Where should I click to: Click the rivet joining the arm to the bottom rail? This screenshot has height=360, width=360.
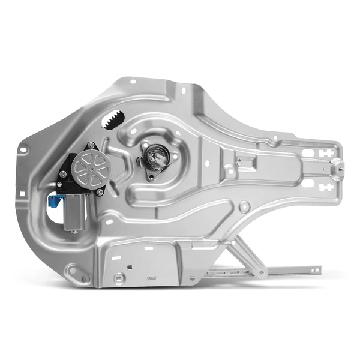[262, 272]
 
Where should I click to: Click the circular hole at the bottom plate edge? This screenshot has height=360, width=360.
[120, 277]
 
